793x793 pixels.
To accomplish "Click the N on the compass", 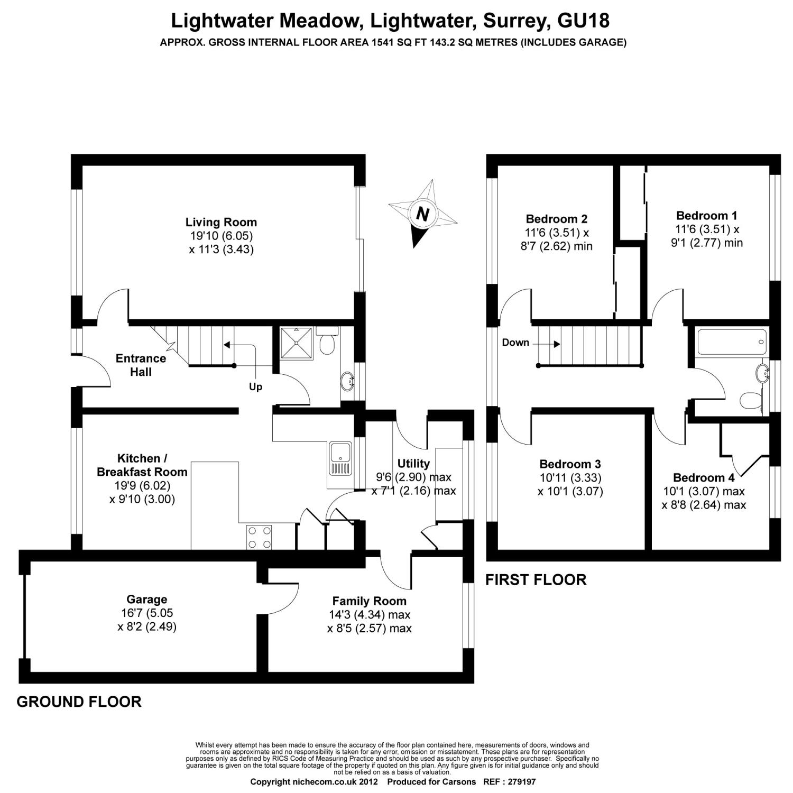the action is point(422,214).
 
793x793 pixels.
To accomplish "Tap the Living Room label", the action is point(221,222).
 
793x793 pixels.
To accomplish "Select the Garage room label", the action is point(146,599).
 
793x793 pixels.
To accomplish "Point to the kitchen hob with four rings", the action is point(259,537).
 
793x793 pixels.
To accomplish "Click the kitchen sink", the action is point(340,453).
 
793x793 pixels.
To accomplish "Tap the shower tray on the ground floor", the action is point(297,342).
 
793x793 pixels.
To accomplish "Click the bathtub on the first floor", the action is point(732,342).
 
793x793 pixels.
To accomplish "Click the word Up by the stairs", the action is point(255,387).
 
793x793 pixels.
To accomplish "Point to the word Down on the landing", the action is point(515,343).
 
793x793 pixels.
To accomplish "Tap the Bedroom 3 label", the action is point(570,464).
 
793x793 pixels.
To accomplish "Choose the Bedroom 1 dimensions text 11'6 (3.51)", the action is point(707,229).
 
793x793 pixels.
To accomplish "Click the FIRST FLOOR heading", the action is point(536,580).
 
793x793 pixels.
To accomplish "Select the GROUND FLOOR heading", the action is point(79,702).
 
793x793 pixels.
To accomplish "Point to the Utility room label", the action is point(413,464).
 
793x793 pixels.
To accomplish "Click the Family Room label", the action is point(369,601).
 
